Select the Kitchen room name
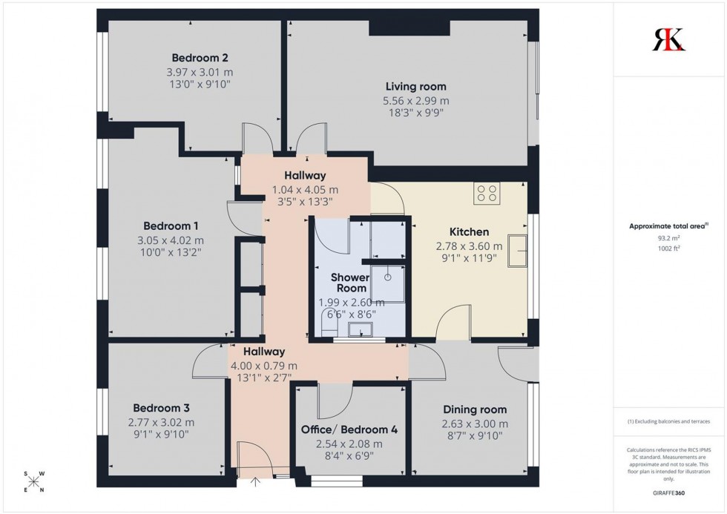pos(469,231)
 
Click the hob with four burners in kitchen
pos(487,194)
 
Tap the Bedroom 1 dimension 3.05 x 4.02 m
pos(171,240)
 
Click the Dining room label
pos(475,409)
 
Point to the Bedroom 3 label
pos(161,408)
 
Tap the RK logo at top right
pos(668,39)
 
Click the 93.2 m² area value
pos(668,238)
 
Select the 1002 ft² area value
pos(668,248)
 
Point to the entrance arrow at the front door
pos(257,484)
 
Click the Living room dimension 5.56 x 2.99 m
pos(415,101)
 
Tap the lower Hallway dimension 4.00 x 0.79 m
pos(264,366)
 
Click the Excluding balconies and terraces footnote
pos(668,421)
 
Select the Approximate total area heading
pos(668,226)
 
